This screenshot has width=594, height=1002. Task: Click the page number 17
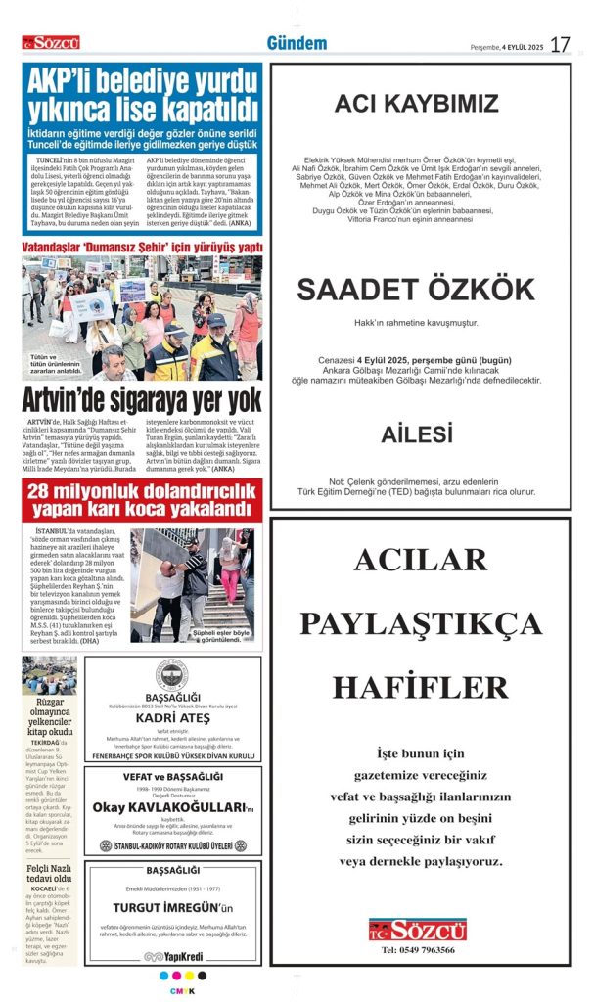560,45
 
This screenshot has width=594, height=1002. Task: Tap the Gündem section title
297,43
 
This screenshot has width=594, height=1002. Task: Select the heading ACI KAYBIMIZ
416,105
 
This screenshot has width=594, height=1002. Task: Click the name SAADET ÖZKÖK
416,289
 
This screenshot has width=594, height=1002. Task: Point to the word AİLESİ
417,433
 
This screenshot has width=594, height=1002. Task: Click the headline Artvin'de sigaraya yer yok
142,399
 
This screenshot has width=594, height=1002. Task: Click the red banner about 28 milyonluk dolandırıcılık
142,500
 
